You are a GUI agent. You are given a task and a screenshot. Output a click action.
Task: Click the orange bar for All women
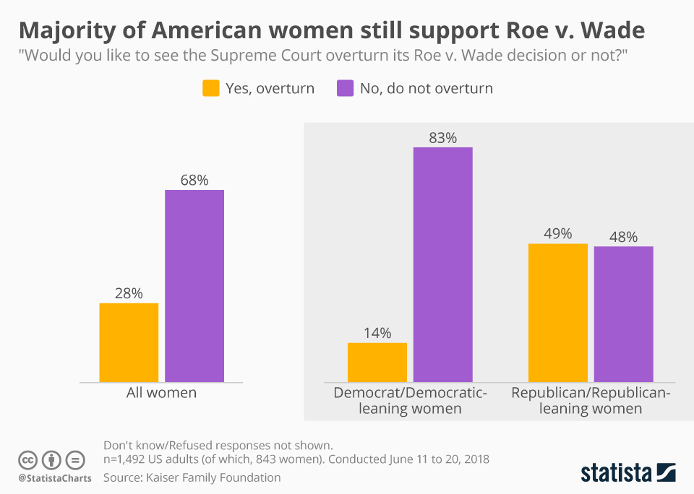click(x=129, y=342)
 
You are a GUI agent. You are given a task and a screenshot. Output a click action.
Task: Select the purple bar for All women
click(x=194, y=286)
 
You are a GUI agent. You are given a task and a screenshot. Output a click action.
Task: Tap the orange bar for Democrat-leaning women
click(x=377, y=362)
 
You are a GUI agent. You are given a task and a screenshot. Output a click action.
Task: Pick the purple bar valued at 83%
click(x=443, y=264)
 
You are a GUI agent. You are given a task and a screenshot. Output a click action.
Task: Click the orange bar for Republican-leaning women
click(x=557, y=313)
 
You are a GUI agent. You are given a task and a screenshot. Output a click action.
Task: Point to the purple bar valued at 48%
click(x=623, y=314)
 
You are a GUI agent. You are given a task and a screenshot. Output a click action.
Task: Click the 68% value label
click(x=194, y=180)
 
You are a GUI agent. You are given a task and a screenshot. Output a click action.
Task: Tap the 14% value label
click(x=377, y=333)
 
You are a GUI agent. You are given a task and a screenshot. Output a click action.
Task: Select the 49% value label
click(x=557, y=234)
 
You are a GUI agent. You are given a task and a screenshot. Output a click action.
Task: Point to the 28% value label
click(x=129, y=293)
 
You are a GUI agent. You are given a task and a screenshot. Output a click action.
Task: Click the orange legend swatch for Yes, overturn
click(x=210, y=89)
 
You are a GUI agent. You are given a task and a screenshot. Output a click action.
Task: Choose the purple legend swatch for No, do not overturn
click(x=345, y=89)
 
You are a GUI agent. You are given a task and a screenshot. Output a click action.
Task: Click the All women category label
click(x=162, y=393)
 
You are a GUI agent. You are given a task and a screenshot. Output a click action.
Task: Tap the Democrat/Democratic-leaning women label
click(x=410, y=401)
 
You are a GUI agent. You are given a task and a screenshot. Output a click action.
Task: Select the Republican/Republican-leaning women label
click(x=591, y=401)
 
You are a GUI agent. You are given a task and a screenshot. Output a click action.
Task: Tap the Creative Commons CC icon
click(x=28, y=460)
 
